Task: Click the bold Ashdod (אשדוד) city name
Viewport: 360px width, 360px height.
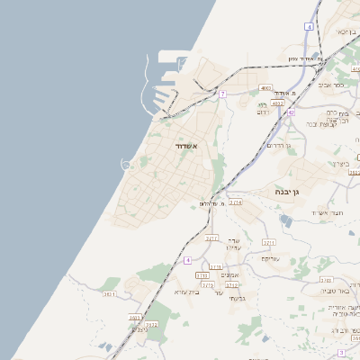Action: pos(185,145)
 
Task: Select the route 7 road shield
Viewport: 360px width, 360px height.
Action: pos(221,94)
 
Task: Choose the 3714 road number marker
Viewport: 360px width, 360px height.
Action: pos(235,202)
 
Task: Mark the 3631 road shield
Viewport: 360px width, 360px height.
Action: pos(109,293)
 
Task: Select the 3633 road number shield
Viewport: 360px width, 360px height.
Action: pos(134,317)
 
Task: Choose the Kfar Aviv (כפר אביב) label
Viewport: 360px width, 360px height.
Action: pos(331,87)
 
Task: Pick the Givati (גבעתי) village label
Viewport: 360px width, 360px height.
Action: pos(237,298)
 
